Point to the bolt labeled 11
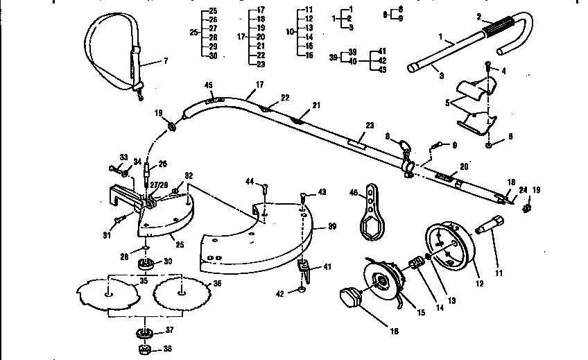(491, 227)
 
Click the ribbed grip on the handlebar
(508, 32)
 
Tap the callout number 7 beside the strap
(165, 62)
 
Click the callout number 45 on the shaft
(208, 86)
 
